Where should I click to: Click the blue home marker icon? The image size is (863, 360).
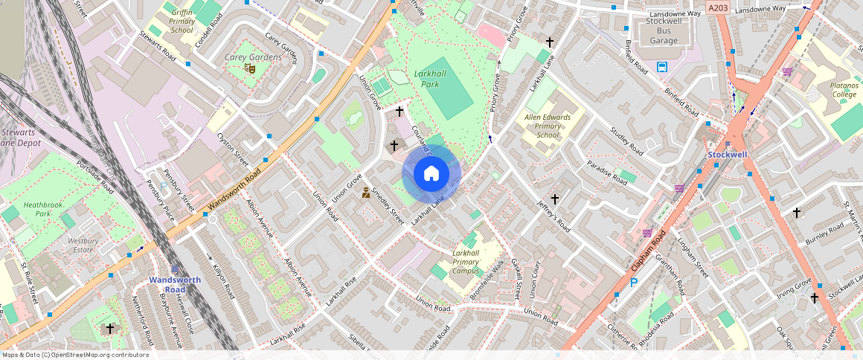click(x=431, y=174)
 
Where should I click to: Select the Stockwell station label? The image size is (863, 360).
click(x=728, y=154)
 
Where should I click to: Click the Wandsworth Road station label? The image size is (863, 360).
click(x=175, y=284)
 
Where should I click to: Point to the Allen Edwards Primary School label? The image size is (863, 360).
click(x=548, y=126)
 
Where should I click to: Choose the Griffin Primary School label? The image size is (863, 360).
click(x=182, y=22)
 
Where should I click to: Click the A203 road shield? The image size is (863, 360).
click(x=718, y=8)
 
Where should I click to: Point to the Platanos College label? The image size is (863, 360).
click(x=844, y=90)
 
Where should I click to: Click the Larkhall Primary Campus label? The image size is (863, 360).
click(x=465, y=262)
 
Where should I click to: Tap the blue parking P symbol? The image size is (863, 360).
click(x=634, y=283)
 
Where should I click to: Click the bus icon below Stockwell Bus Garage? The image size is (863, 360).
click(x=662, y=67)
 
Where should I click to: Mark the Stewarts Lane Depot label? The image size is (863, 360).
click(x=20, y=137)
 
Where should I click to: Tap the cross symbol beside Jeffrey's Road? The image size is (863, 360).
click(x=554, y=199)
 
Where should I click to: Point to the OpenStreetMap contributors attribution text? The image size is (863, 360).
click(x=74, y=355)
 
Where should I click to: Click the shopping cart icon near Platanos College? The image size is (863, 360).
click(x=787, y=72)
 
